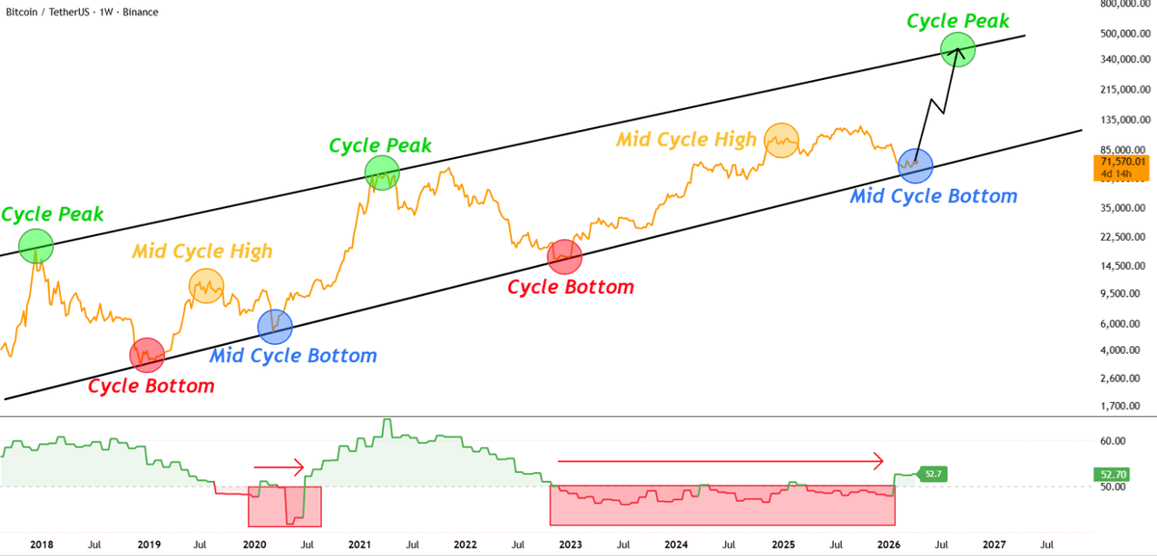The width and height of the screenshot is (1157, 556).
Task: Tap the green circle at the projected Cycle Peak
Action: click(x=958, y=50)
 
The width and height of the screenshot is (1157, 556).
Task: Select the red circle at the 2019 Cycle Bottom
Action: click(x=147, y=356)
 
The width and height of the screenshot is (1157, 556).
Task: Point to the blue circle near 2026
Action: click(x=915, y=165)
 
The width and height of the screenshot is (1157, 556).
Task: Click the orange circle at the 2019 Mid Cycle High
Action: click(x=206, y=285)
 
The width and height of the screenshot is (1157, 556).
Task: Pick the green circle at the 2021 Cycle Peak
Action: click(x=383, y=172)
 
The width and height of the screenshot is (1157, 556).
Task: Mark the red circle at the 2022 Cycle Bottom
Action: click(x=564, y=257)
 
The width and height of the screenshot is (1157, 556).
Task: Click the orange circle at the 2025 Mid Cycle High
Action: click(x=782, y=141)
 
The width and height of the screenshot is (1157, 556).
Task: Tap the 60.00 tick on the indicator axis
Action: click(x=1114, y=441)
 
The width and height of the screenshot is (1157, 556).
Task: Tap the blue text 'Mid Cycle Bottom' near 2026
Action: click(x=933, y=197)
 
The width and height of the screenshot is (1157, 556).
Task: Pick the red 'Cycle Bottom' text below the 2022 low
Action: click(x=571, y=287)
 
